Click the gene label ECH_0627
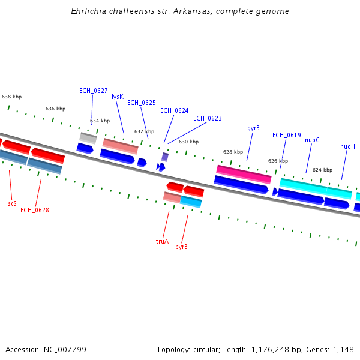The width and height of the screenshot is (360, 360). pyautogui.click(x=94, y=91)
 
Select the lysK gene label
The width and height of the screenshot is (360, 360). pyautogui.click(x=117, y=97)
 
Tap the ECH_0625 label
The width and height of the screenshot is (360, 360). pyautogui.click(x=141, y=103)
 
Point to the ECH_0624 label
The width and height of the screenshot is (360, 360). pyautogui.click(x=174, y=111)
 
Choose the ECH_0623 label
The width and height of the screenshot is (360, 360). pyautogui.click(x=207, y=119)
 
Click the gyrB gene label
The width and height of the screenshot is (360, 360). pyautogui.click(x=253, y=128)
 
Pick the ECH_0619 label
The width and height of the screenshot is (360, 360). pyautogui.click(x=286, y=136)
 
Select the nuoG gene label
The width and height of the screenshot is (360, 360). pyautogui.click(x=312, y=140)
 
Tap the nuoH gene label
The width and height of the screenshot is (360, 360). pyautogui.click(x=347, y=147)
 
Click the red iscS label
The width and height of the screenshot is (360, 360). pyautogui.click(x=11, y=204)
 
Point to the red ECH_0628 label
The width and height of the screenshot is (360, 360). pyautogui.click(x=35, y=211)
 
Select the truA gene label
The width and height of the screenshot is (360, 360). pyautogui.click(x=162, y=242)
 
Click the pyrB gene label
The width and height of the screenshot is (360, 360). pyautogui.click(x=181, y=247)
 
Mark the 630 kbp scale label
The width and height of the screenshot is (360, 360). pyautogui.click(x=188, y=142)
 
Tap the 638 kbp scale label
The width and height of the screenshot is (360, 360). pyautogui.click(x=11, y=97)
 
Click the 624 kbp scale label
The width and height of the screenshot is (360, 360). pyautogui.click(x=322, y=170)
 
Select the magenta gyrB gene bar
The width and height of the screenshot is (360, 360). pyautogui.click(x=244, y=174)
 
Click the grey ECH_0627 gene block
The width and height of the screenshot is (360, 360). pyautogui.click(x=88, y=138)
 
